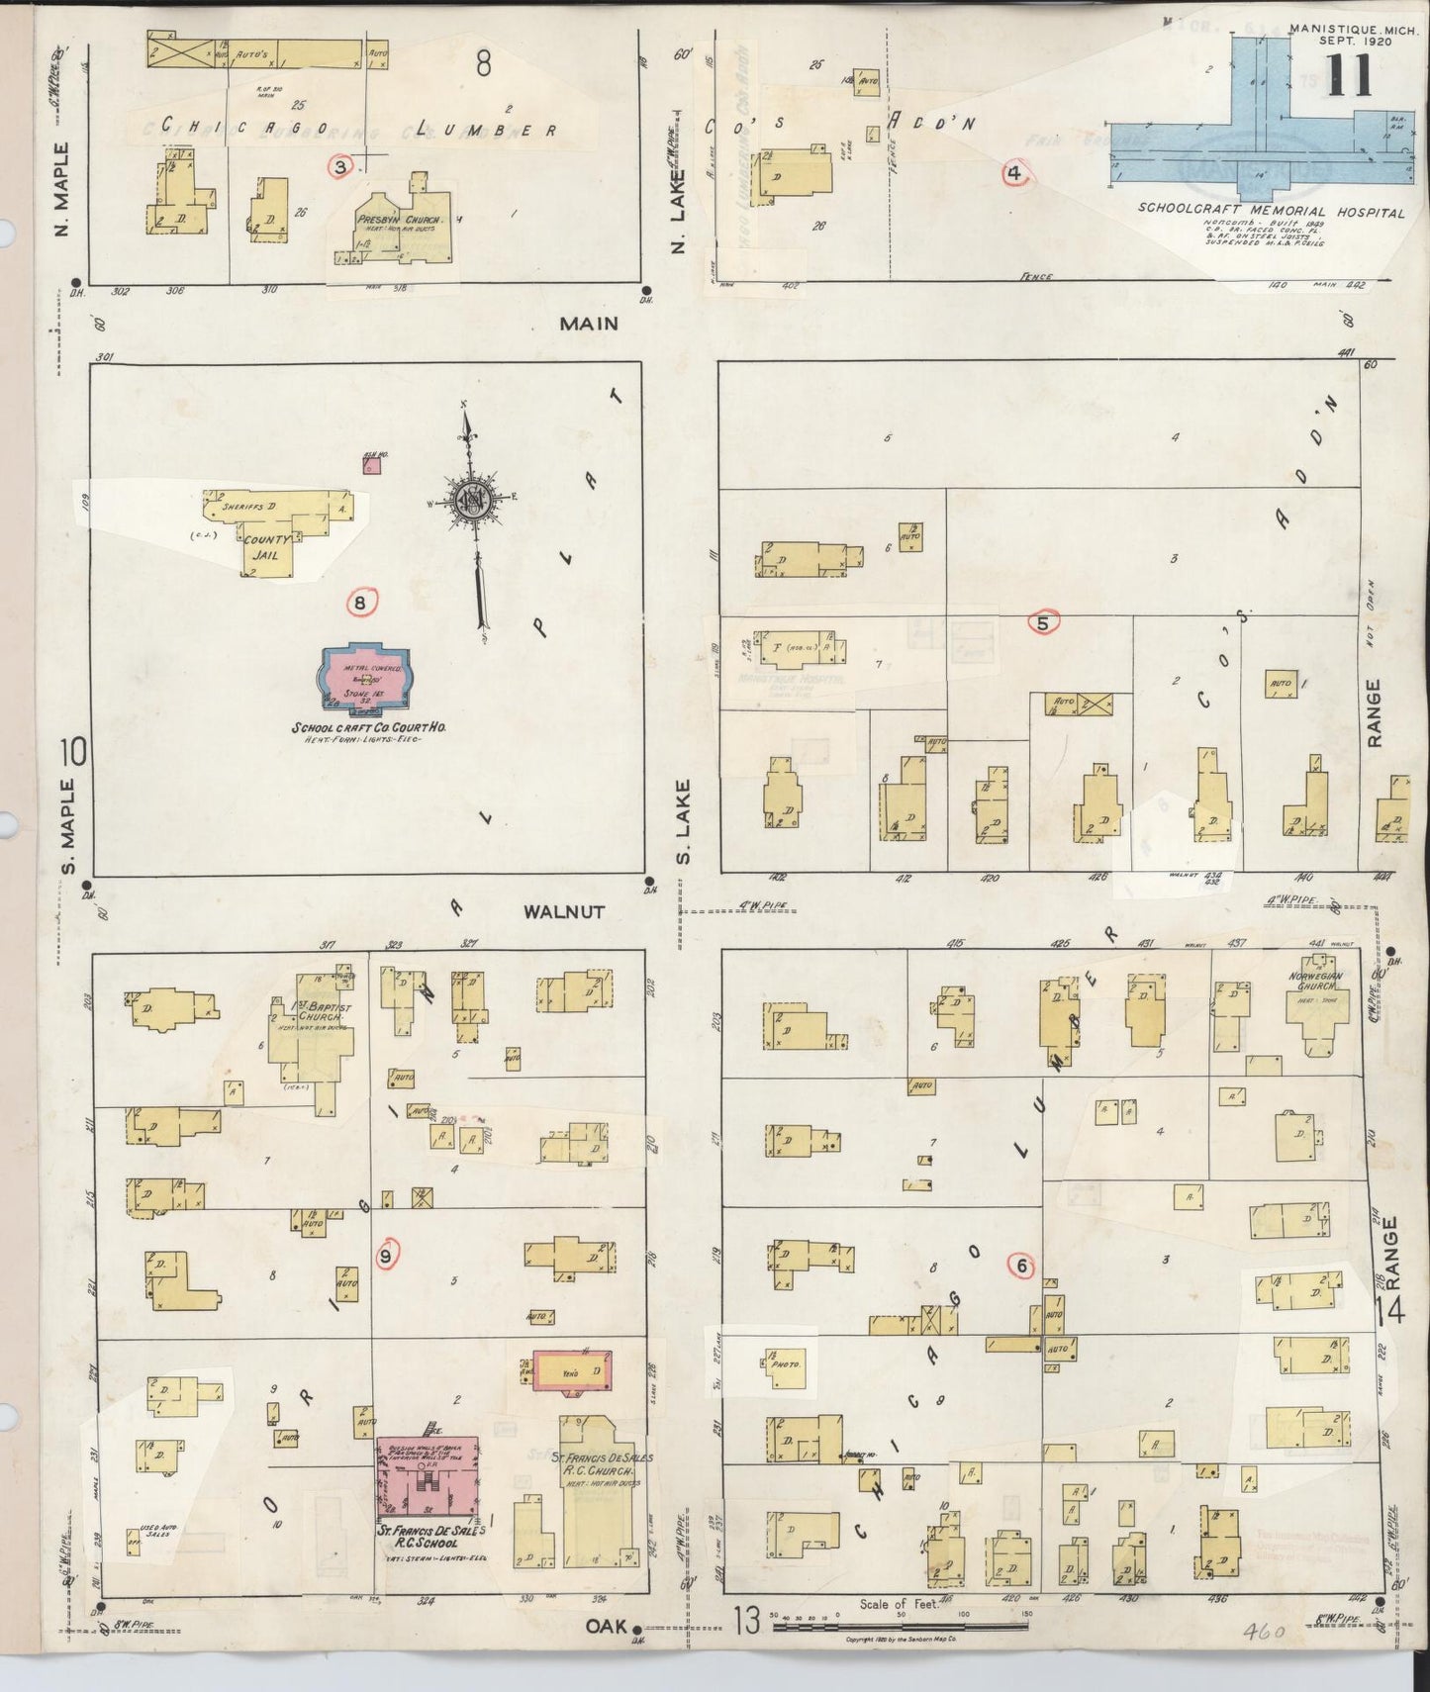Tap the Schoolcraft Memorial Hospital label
(x=1271, y=211)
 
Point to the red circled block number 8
(x=361, y=602)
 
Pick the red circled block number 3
(x=340, y=166)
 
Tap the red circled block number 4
(x=1014, y=173)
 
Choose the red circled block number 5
(x=1043, y=622)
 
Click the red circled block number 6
(x=1020, y=1265)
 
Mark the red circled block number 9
(x=387, y=1256)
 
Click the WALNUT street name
(x=563, y=911)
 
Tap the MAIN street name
(x=589, y=324)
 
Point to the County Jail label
(x=267, y=547)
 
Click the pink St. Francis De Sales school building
(x=428, y=1478)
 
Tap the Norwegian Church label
(x=1315, y=982)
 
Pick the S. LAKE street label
(x=683, y=820)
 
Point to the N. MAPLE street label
(x=62, y=189)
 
